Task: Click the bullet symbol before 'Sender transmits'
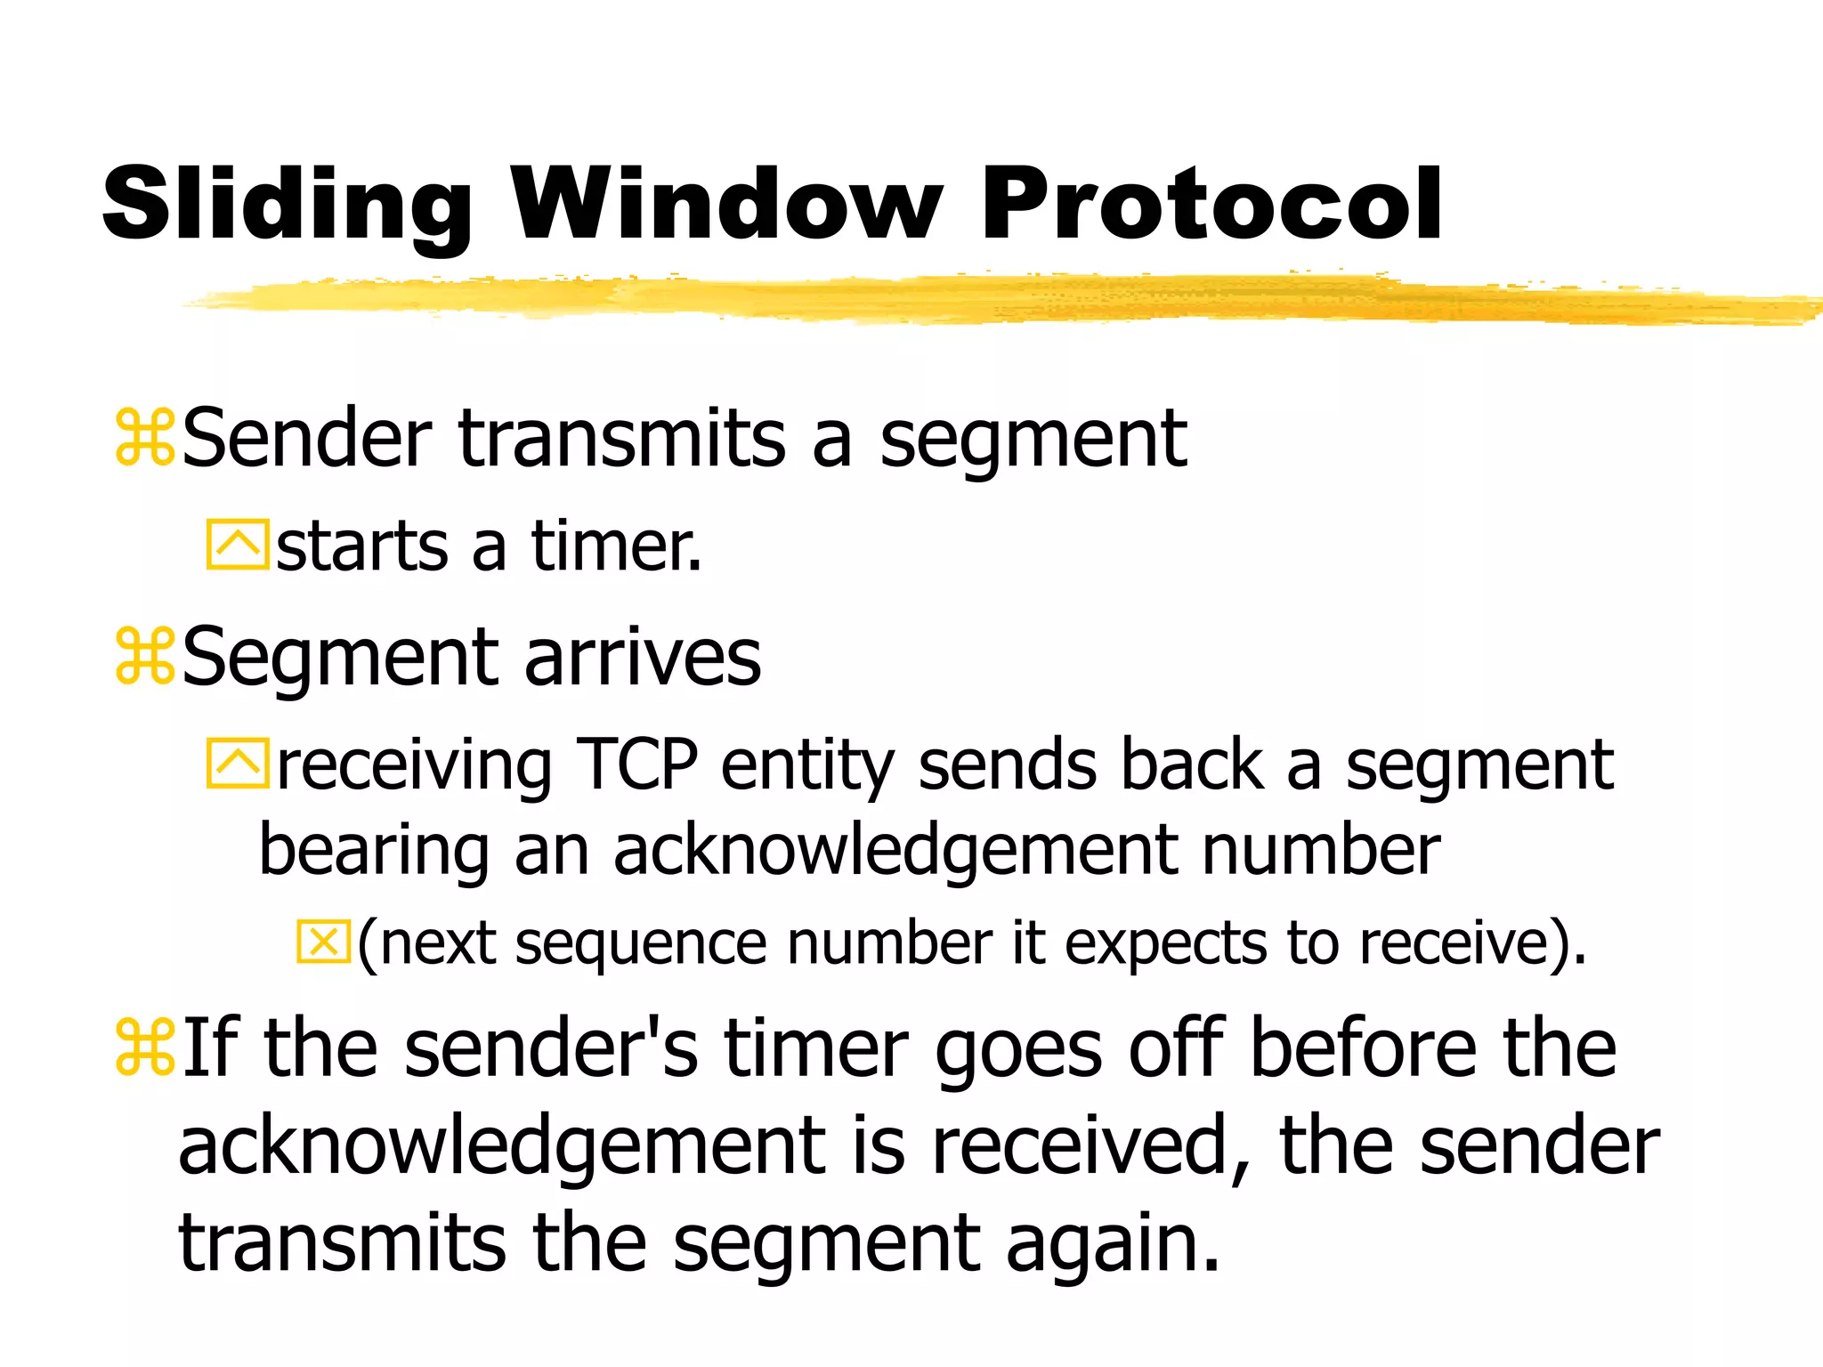[144, 437]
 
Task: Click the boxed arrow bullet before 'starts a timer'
[237, 544]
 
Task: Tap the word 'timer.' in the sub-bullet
[616, 546]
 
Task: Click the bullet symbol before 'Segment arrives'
[144, 656]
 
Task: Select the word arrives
[643, 658]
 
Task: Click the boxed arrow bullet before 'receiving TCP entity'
[237, 763]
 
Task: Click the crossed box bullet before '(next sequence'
[323, 942]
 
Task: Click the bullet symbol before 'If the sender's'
[144, 1047]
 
